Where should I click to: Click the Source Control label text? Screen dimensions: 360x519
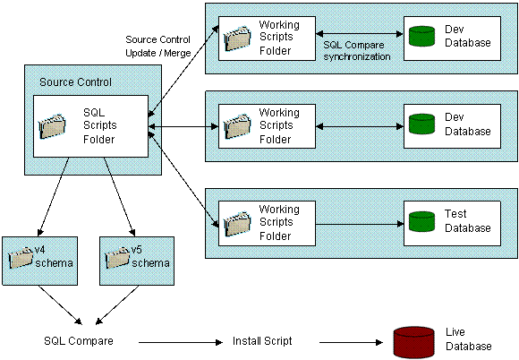point(75,82)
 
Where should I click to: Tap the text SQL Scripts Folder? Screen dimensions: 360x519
point(99,125)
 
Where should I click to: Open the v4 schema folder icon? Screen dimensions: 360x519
point(21,258)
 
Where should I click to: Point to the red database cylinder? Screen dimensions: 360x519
point(413,343)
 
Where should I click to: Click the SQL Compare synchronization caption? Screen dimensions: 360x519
point(357,50)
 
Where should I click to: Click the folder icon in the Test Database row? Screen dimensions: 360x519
point(237,222)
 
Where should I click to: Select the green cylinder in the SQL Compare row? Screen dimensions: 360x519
point(421,36)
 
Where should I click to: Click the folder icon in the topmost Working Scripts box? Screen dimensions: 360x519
point(237,37)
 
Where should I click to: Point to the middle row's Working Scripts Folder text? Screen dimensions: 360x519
point(278,125)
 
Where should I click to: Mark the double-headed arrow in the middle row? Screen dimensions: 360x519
point(357,125)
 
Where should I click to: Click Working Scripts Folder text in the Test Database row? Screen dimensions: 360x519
point(278,221)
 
